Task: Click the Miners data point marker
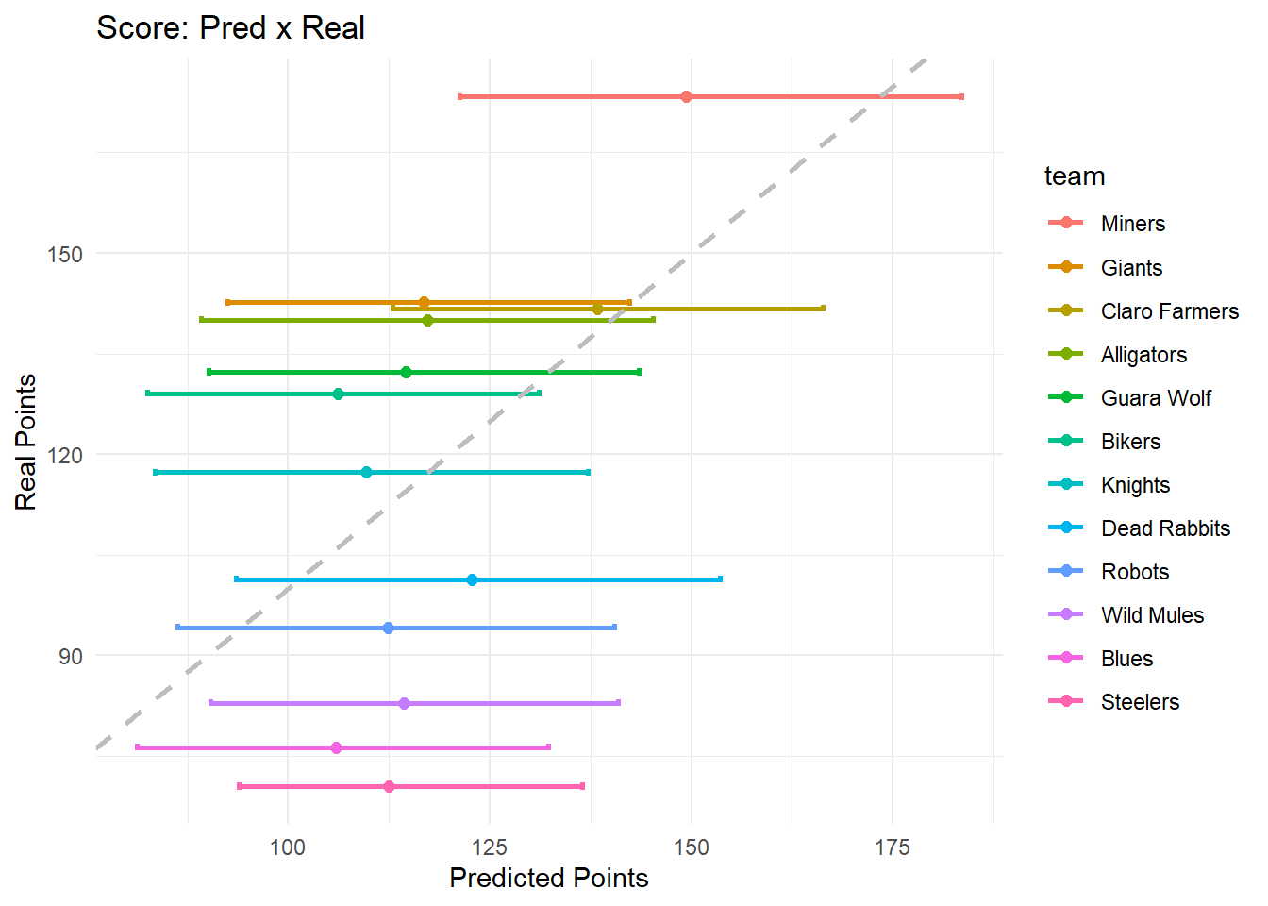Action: (x=686, y=97)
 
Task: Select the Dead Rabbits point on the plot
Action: (x=472, y=579)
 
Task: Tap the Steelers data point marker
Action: (x=389, y=786)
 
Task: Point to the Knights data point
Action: (x=366, y=472)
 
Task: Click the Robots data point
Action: (x=388, y=628)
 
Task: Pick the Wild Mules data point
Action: (x=404, y=703)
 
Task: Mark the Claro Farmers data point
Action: (x=597, y=309)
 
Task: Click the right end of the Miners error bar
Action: (x=961, y=97)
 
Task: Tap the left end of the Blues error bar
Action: (x=138, y=747)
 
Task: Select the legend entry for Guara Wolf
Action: (x=1155, y=398)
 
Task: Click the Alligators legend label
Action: (x=1143, y=355)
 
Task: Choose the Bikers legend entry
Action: (x=1130, y=442)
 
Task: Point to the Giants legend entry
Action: (x=1131, y=268)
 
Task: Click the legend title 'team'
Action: (x=1074, y=176)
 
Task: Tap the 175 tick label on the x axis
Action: (x=892, y=847)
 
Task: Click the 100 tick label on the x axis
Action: (x=288, y=847)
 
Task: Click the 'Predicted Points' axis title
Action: (x=548, y=878)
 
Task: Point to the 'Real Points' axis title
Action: (x=25, y=442)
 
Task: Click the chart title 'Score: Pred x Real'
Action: (x=230, y=28)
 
